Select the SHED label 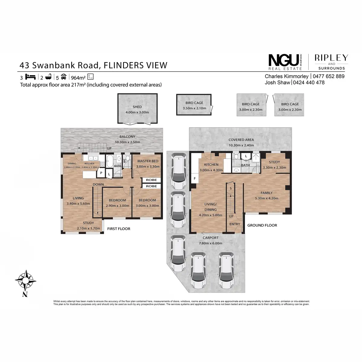coord(137,107)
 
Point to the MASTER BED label coord(148,161)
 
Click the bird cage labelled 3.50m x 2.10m coord(194,105)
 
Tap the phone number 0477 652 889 coord(329,76)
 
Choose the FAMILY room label coord(266,193)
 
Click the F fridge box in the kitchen coord(195,178)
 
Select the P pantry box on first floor coord(101,173)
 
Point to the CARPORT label coord(210,238)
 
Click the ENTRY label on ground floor coord(235,224)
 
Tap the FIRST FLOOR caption coord(119,229)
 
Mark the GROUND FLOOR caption coord(262,225)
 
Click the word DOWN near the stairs coord(98,184)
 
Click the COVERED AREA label coord(241,140)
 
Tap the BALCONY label coord(127,137)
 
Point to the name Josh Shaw coord(277,82)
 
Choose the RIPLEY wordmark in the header coord(331,58)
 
